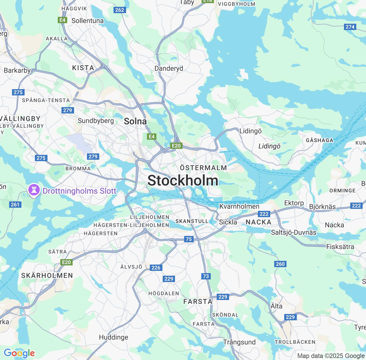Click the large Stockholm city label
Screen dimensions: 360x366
tap(183, 181)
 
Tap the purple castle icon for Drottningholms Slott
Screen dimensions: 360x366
tap(34, 190)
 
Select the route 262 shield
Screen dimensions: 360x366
tap(120, 10)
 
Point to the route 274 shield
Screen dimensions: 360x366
tap(350, 27)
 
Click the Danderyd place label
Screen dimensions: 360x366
tap(169, 69)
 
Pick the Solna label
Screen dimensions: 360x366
tap(135, 121)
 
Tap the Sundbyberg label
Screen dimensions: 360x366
tap(96, 121)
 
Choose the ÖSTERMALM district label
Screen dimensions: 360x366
tap(203, 168)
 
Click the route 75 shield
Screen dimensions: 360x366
tap(189, 239)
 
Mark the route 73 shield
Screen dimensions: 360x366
tap(206, 276)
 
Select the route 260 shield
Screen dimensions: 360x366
tap(280, 264)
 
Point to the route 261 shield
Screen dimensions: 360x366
tap(15, 204)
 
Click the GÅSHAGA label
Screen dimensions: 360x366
tap(319, 140)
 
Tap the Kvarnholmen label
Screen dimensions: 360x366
tap(239, 206)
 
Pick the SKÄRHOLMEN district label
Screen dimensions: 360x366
tap(47, 275)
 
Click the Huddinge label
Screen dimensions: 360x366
tap(114, 337)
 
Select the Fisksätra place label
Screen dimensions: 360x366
tap(340, 247)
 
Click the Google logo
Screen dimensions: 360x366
tap(19, 353)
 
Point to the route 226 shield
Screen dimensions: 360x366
tap(156, 267)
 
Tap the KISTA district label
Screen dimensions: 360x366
tap(83, 68)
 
